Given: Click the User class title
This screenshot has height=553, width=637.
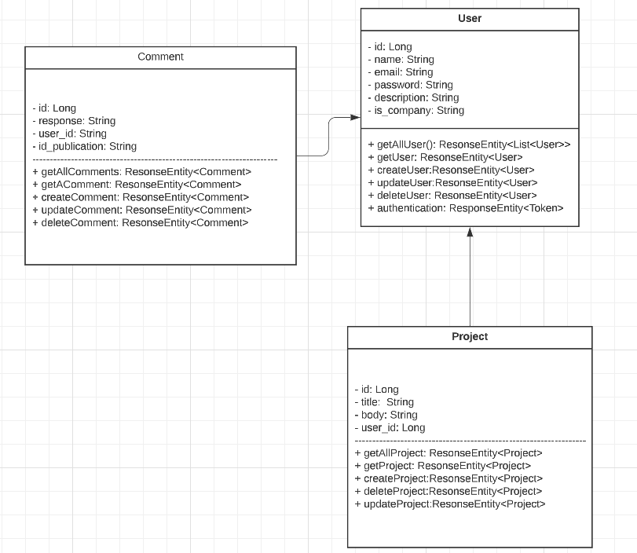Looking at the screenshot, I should pos(470,18).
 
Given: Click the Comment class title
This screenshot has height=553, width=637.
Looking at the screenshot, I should pos(160,57).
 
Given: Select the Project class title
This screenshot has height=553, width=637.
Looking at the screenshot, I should pos(470,336).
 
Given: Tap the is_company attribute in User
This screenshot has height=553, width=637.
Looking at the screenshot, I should pos(416,111).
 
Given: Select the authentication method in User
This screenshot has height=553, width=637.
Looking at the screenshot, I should pos(465,208).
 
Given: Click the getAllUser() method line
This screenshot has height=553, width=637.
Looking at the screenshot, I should pos(469,145).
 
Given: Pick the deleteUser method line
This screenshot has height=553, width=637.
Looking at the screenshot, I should pos(452,196).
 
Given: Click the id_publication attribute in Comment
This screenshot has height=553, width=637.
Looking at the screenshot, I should pos(84,146).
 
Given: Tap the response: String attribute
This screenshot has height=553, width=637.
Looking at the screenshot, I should pos(74,121).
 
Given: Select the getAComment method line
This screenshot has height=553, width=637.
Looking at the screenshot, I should pos(137,185).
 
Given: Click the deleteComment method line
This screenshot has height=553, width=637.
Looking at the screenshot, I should pos(140,223).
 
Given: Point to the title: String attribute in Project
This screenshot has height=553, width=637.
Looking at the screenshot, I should pos(384,402).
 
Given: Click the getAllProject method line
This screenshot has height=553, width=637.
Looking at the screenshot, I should pos(448,453).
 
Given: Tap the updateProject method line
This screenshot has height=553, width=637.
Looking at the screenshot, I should pos(449,504).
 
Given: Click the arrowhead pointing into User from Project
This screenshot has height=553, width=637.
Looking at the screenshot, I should pos(470,233).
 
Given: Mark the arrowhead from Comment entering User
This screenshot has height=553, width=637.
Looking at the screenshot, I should pos(355,118).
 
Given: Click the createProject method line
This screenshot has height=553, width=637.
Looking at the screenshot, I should pos(448,478).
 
